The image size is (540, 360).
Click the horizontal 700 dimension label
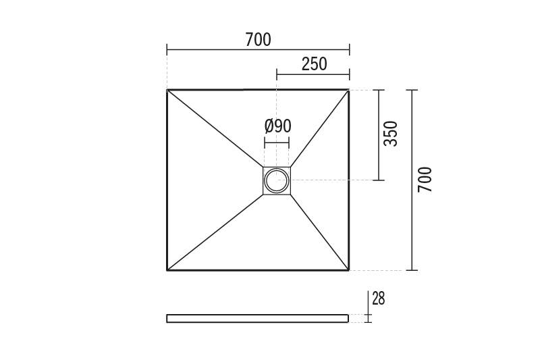258,40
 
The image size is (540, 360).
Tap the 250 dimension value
314,64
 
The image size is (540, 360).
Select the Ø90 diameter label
278,126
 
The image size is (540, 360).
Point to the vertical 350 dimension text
391,134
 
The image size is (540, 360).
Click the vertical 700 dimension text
425,180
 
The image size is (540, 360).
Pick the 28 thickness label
379,299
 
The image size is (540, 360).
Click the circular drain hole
277,180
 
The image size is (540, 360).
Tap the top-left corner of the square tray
167,90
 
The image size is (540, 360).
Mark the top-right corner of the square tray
349,90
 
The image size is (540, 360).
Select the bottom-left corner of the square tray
167,270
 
